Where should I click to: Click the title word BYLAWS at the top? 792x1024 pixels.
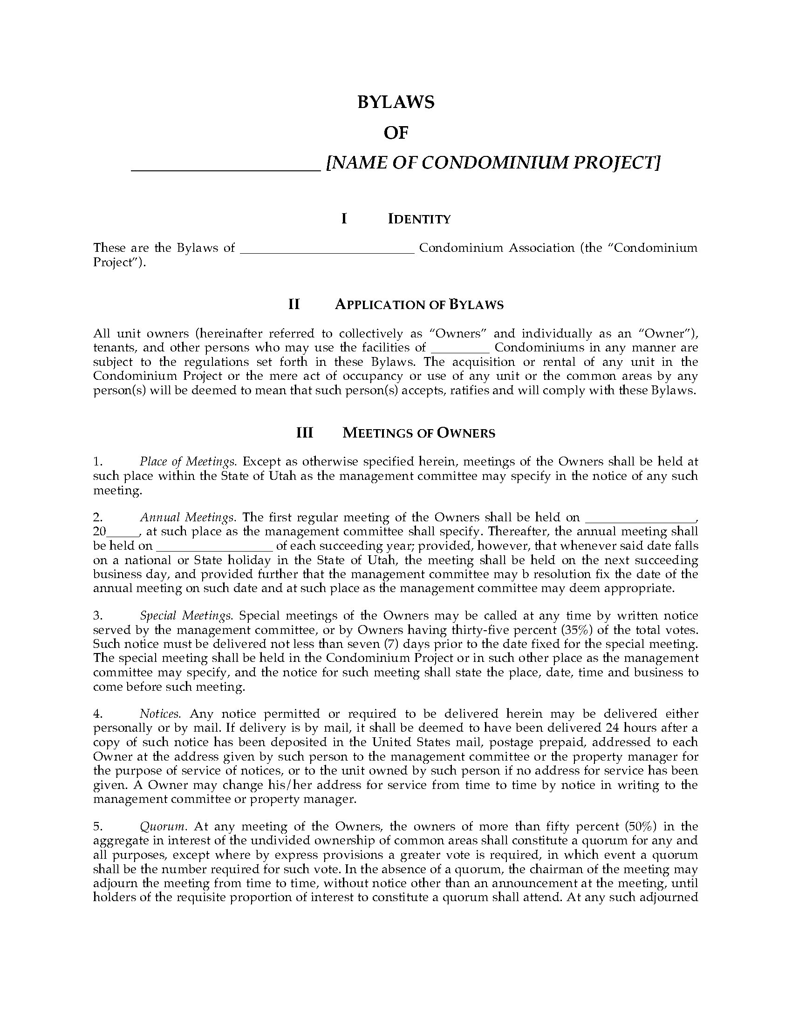396,102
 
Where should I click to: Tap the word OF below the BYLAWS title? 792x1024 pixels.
396,134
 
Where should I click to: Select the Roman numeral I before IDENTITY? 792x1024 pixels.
344,218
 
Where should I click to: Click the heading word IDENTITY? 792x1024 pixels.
419,219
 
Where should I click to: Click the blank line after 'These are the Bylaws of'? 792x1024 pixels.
327,251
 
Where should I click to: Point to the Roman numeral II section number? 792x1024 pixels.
294,304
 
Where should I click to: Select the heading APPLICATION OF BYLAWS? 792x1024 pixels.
419,305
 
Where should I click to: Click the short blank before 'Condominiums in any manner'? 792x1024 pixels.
460,350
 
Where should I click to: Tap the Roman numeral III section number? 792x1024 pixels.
305,432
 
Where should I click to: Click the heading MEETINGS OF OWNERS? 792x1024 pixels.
419,433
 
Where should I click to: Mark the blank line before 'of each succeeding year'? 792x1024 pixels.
214,549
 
